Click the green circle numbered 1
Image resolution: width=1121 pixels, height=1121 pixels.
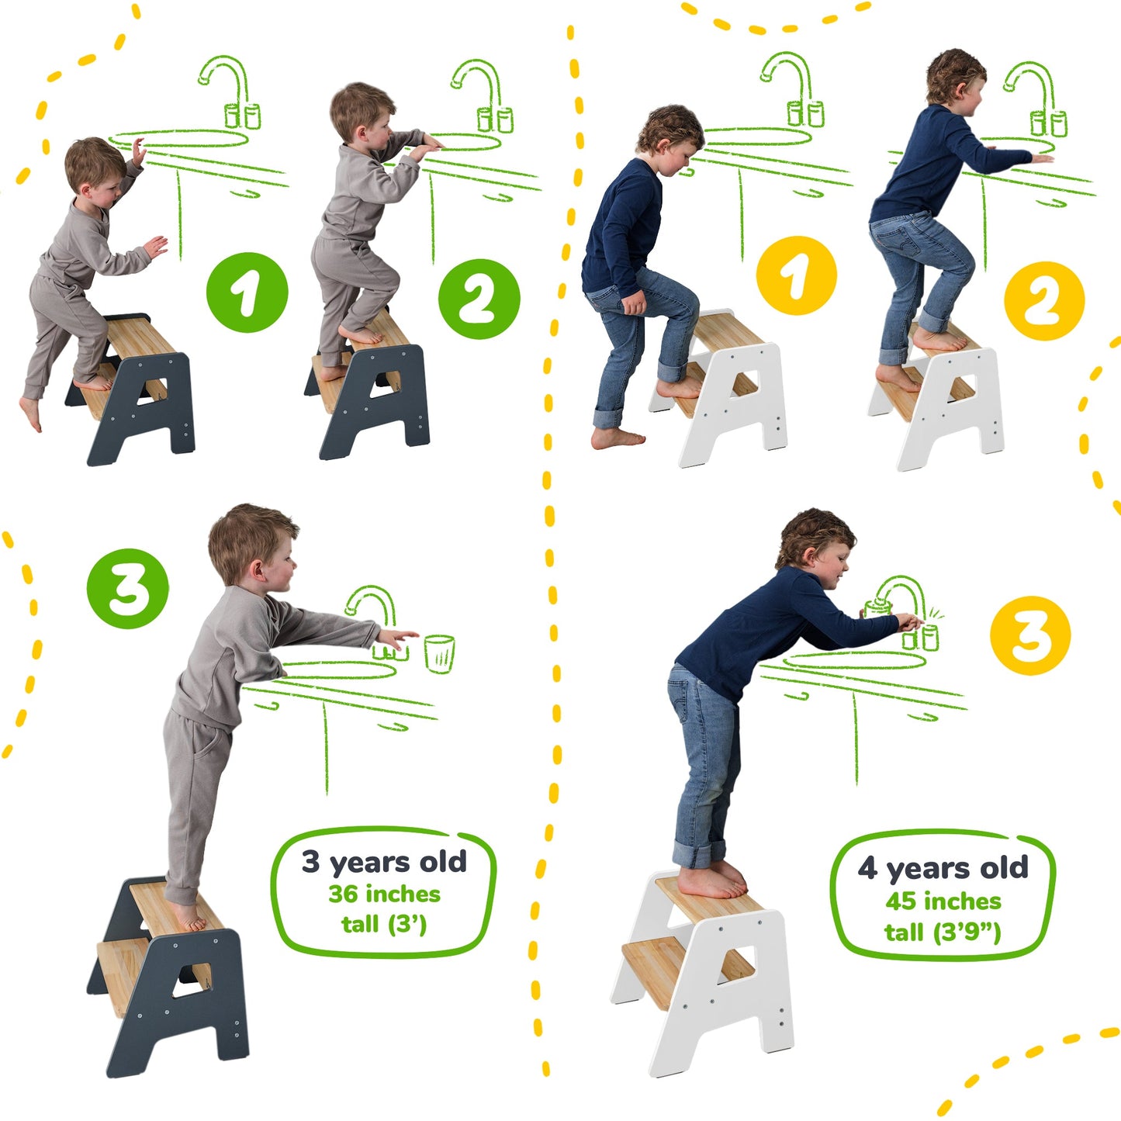[x=247, y=292]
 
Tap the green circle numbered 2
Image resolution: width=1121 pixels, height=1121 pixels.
[x=479, y=299]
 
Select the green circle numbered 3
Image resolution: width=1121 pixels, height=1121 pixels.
[x=127, y=589]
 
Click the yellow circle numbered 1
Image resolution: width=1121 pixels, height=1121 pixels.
[x=796, y=276]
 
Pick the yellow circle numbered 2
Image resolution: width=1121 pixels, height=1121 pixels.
[x=1043, y=300]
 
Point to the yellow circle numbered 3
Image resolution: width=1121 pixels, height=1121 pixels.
[x=1029, y=635]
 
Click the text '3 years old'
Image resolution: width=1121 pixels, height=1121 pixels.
[x=384, y=862]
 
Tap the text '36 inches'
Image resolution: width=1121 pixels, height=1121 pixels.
[x=384, y=894]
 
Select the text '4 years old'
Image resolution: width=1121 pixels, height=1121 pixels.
[x=943, y=868]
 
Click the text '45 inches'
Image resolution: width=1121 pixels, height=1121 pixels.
[x=943, y=901]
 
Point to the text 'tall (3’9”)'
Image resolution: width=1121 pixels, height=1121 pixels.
[x=943, y=932]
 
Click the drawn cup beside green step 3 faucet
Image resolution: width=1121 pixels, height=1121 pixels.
[x=439, y=653]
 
